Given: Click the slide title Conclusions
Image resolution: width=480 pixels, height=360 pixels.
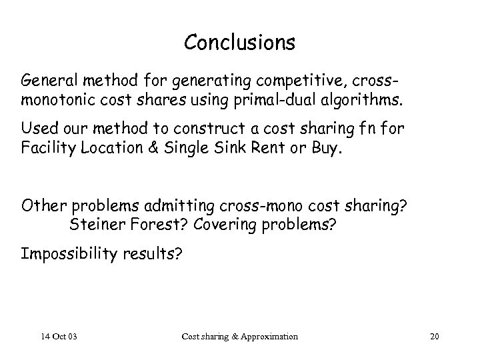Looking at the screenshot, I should tap(239, 43).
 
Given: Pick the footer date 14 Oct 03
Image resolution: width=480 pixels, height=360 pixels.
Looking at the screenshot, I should tap(59, 336).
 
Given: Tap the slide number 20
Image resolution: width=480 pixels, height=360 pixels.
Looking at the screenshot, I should tap(435, 336).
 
